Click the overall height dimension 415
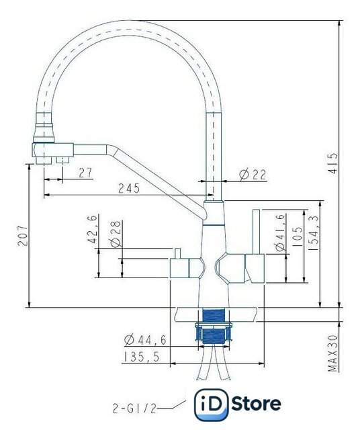[x=333, y=163]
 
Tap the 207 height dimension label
[x=23, y=236]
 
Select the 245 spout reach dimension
[x=129, y=188]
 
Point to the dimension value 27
[x=86, y=173]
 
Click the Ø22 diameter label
[x=253, y=175]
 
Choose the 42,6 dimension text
[x=92, y=229]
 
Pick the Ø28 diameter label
[x=116, y=234]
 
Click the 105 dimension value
[x=297, y=236]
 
